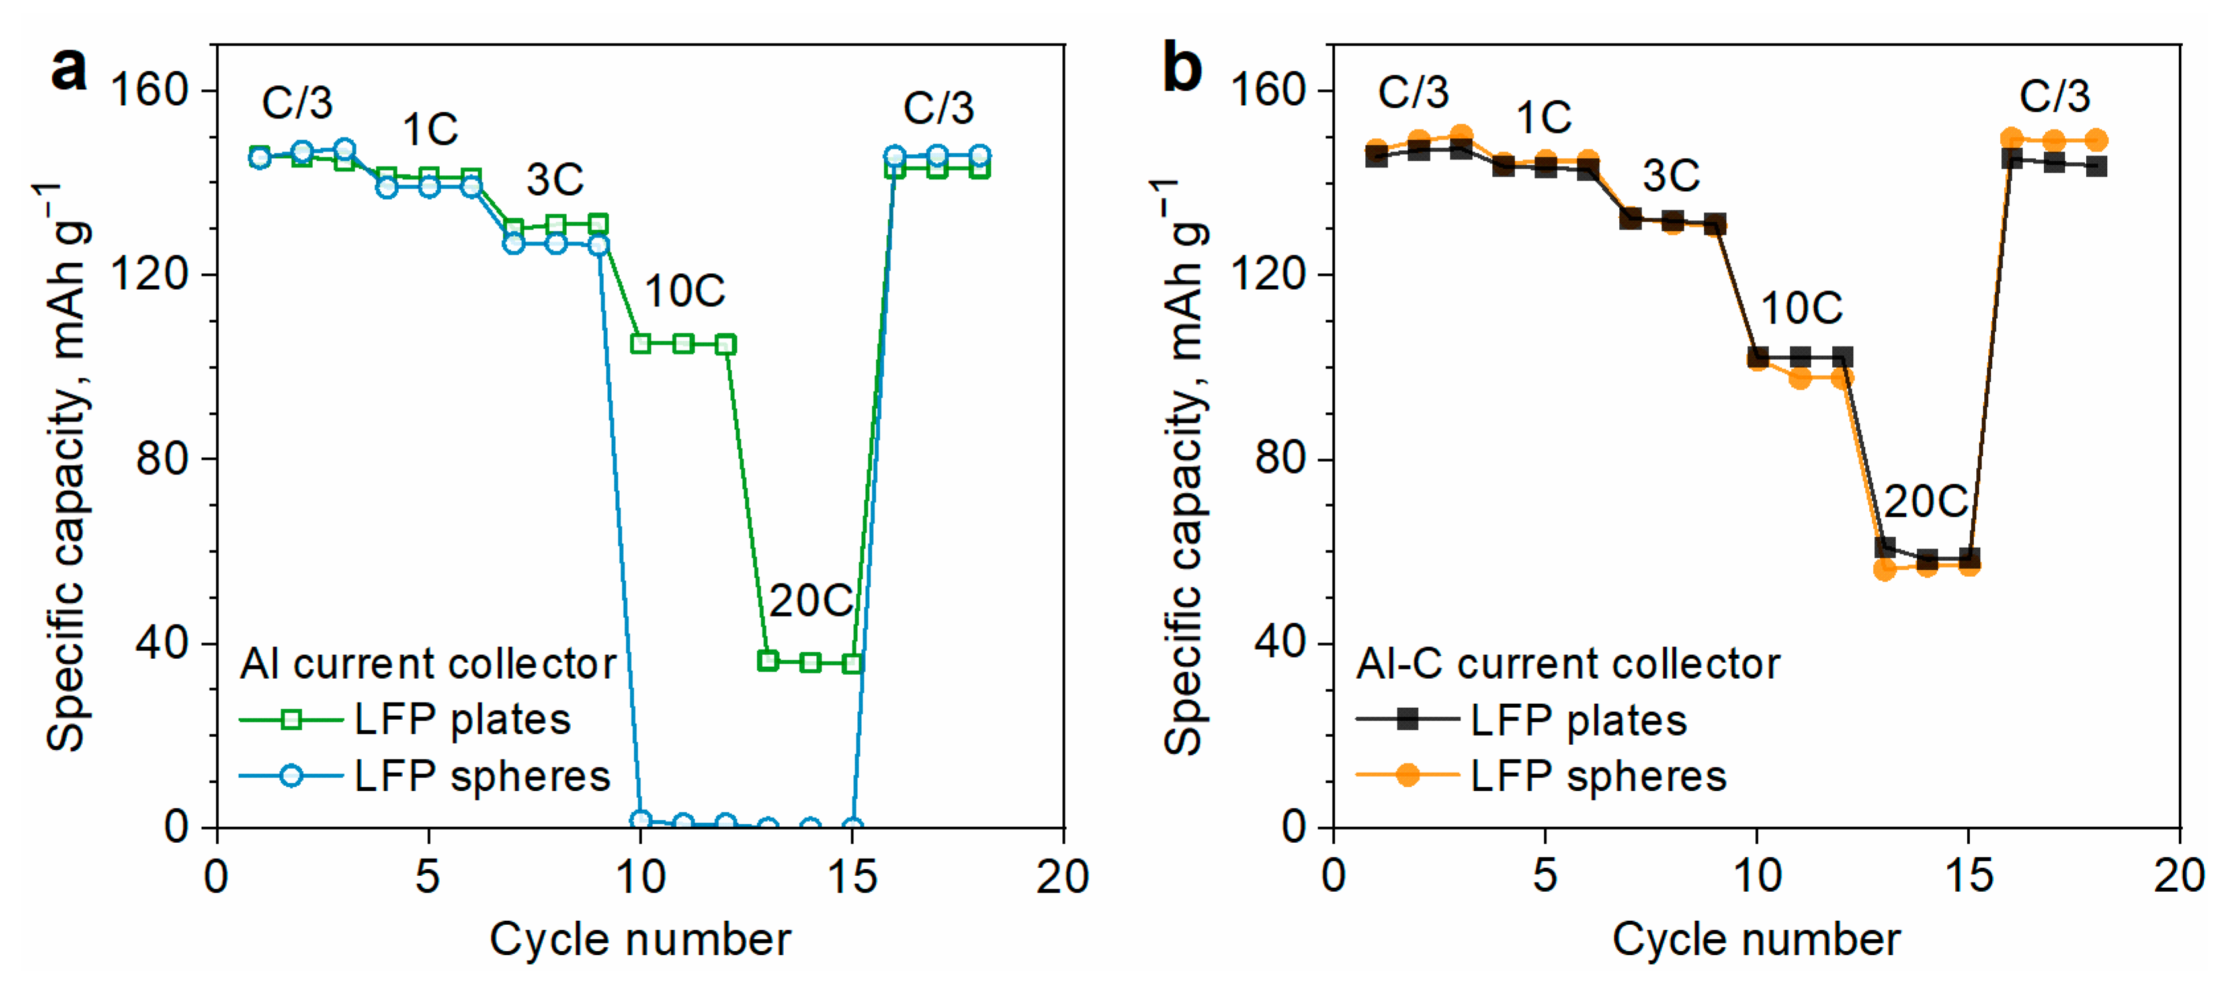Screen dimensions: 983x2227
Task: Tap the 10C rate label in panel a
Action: [x=684, y=291]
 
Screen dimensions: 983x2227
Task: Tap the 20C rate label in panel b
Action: [x=1925, y=501]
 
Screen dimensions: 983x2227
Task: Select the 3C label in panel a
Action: [x=554, y=180]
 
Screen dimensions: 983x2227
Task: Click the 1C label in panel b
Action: [x=1543, y=118]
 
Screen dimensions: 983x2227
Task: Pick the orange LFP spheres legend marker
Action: [x=1408, y=775]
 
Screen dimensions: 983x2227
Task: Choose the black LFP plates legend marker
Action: [x=1408, y=719]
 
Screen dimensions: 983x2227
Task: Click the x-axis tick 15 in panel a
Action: [x=851, y=878]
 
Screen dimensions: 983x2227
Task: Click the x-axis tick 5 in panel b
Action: [x=1545, y=878]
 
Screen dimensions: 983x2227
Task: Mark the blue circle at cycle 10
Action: [x=641, y=820]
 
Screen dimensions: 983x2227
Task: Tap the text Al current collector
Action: [x=428, y=664]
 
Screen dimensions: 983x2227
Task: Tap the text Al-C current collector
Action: [x=1568, y=664]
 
